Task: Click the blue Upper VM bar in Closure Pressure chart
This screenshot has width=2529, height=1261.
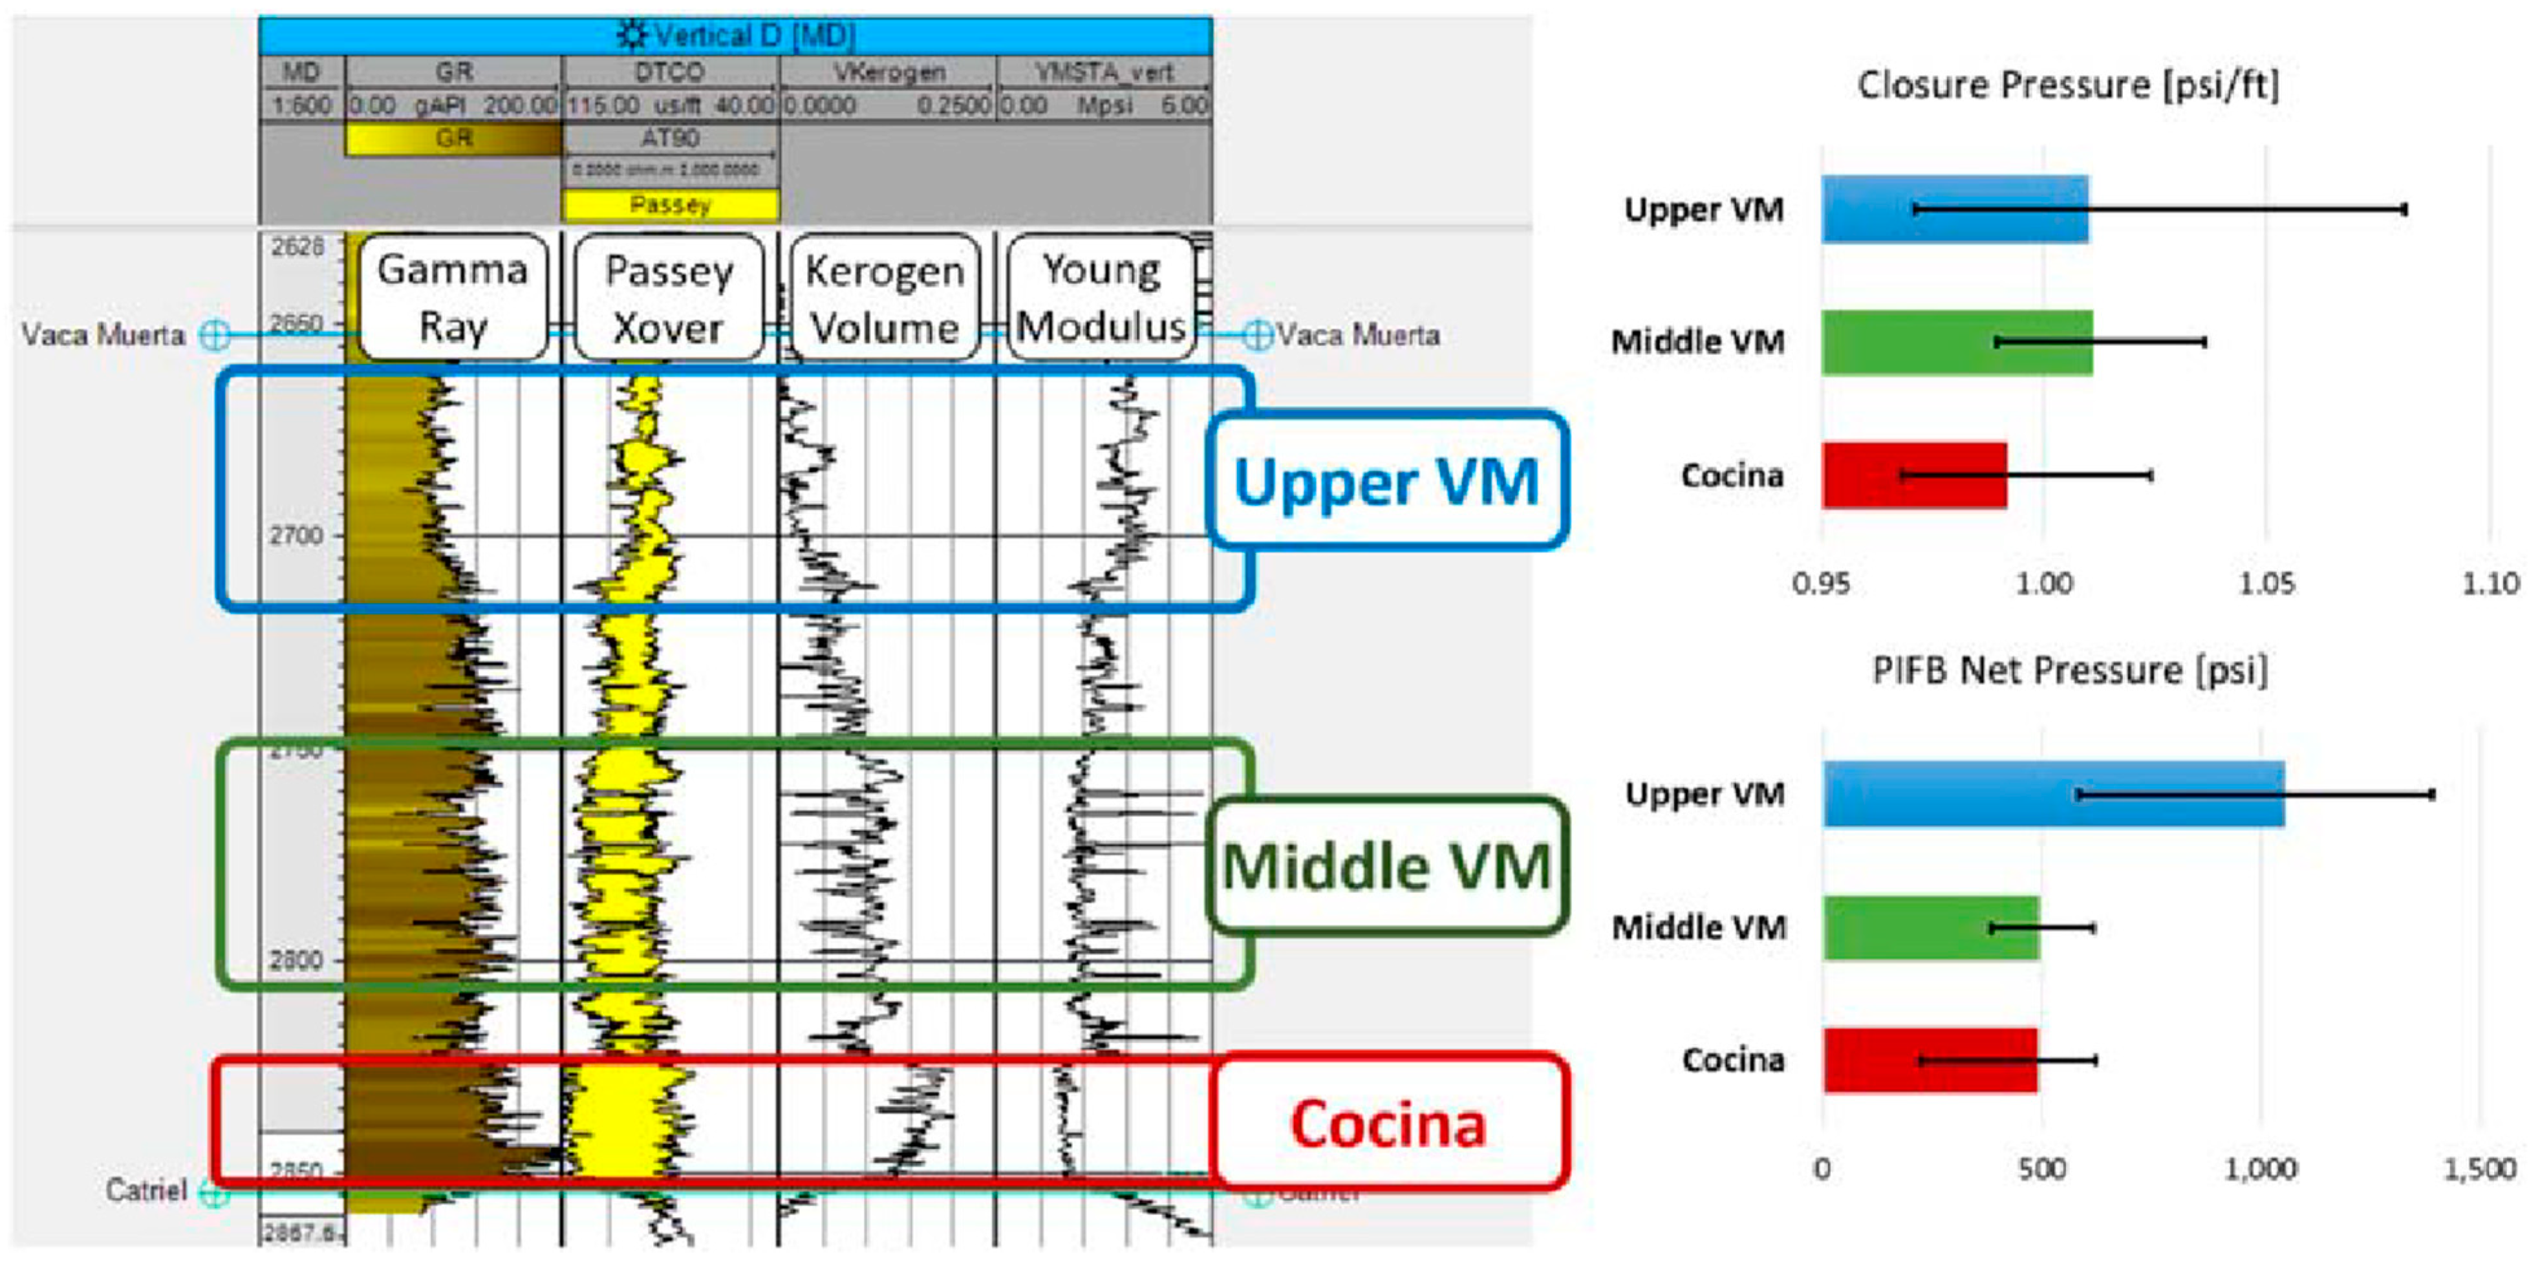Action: pos(1953,209)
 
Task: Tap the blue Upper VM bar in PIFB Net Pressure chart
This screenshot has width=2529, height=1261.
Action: pos(2052,793)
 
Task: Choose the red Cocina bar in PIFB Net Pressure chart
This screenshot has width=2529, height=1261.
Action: pos(1929,1060)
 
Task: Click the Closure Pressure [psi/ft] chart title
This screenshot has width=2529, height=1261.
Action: pos(2067,85)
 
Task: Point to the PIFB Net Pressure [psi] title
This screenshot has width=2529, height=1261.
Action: pos(2069,671)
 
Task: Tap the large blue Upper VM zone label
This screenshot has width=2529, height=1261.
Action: pos(1386,480)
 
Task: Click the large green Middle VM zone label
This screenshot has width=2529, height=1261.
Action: pos(1386,866)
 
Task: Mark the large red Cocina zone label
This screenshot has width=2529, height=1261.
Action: pos(1386,1123)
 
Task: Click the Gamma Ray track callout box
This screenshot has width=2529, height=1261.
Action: pos(453,297)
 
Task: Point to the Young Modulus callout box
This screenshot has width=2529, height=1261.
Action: pos(1101,297)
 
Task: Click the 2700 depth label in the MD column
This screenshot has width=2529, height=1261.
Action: pos(296,535)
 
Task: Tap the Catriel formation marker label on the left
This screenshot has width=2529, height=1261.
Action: pos(146,1191)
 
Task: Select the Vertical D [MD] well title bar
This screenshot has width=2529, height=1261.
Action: pos(735,36)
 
